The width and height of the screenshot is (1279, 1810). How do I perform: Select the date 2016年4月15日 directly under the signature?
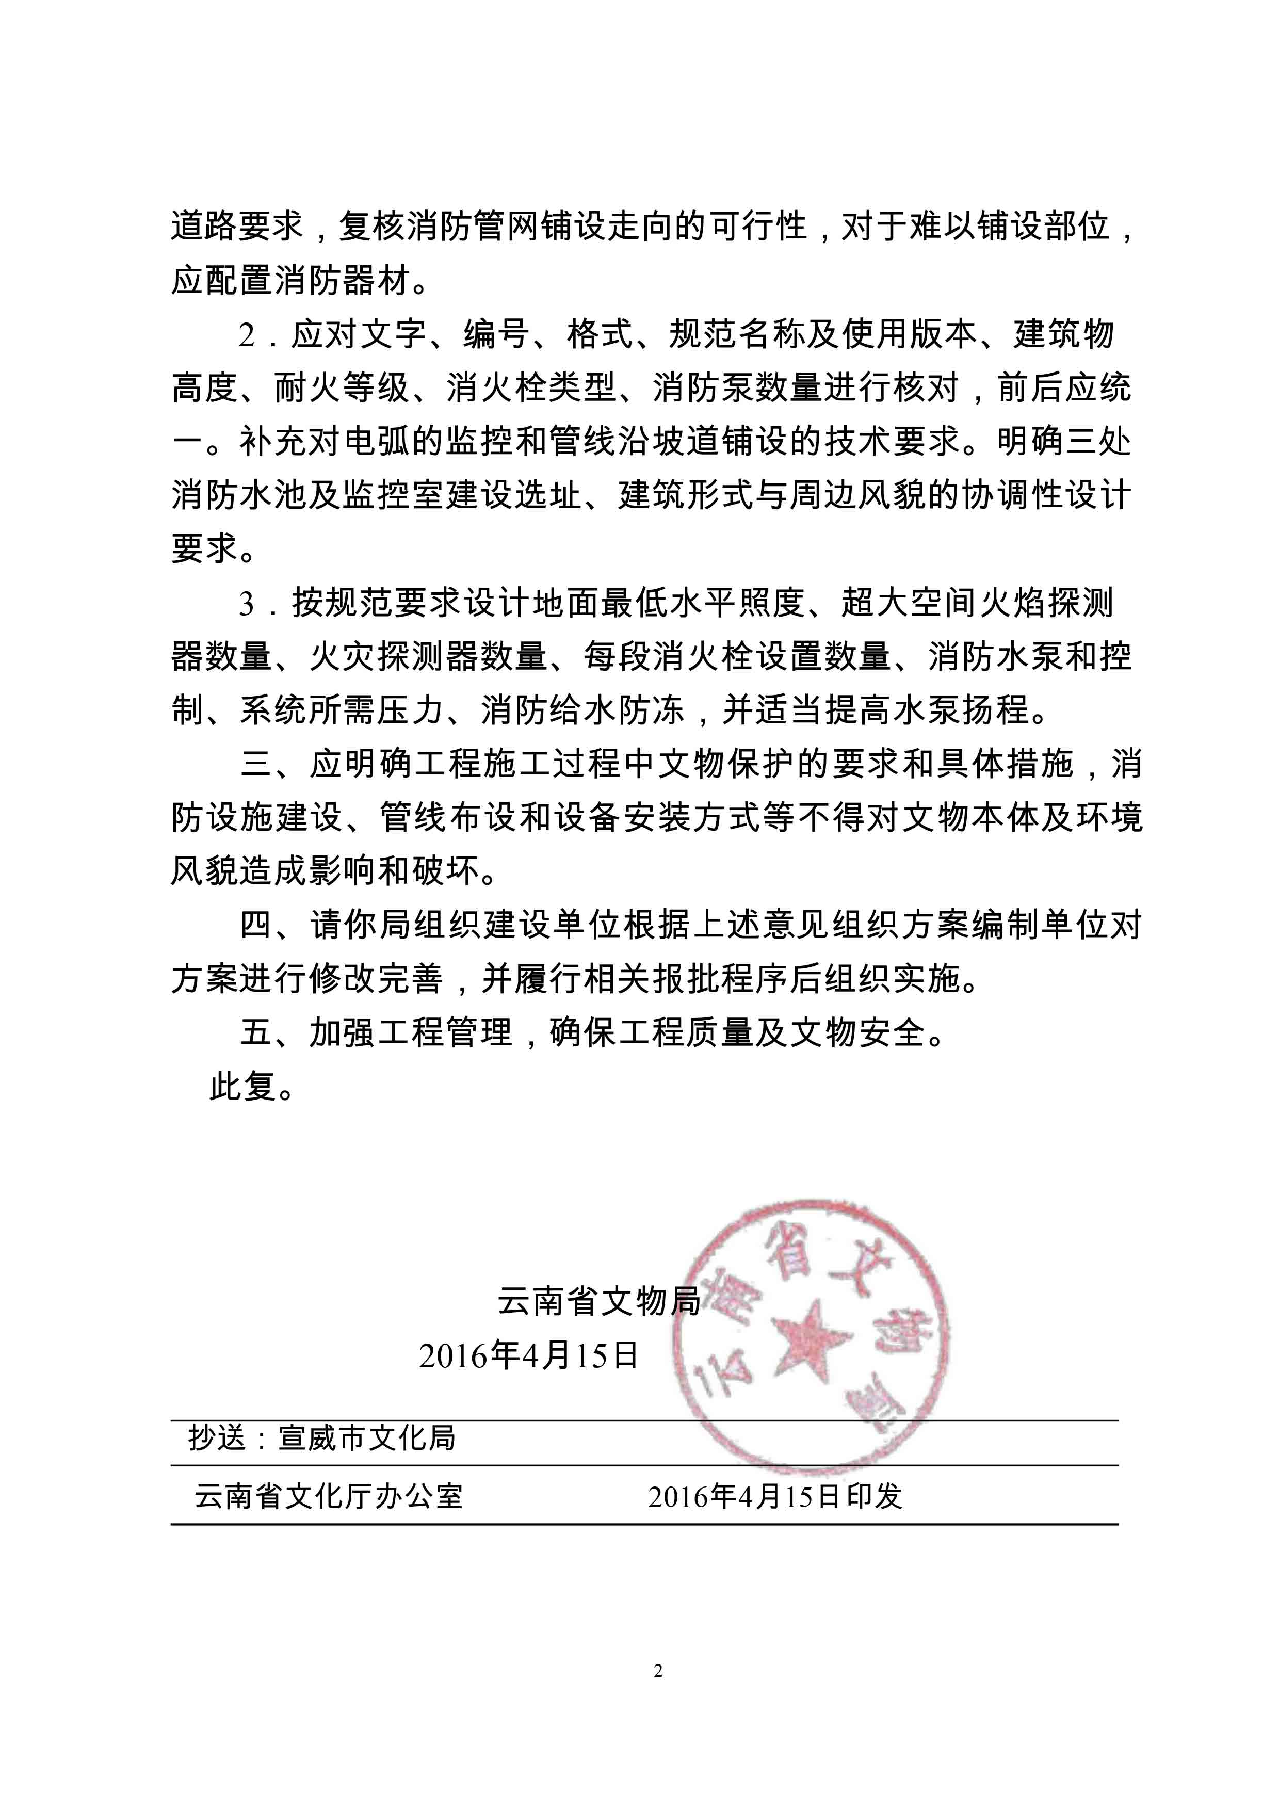point(528,1356)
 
